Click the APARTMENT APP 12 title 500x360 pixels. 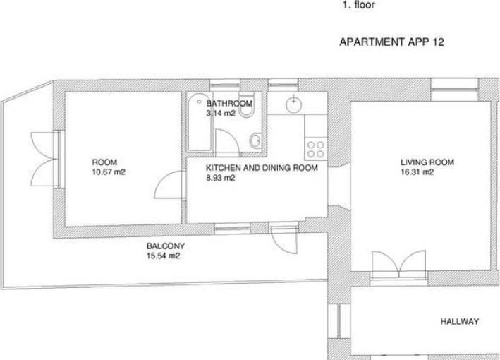pos(391,42)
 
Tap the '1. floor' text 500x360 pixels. pos(358,5)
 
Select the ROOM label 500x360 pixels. pos(104,162)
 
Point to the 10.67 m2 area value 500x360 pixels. pos(109,172)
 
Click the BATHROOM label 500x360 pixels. pos(229,103)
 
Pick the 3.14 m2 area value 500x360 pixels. pos(221,113)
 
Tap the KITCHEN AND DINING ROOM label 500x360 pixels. pos(262,168)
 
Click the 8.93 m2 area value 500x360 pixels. pos(220,178)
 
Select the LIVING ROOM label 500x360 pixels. pos(427,162)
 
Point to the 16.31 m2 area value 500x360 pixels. pos(417,172)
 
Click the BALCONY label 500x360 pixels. pos(166,246)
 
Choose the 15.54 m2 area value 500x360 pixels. pos(164,256)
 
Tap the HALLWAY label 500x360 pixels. pos(460,321)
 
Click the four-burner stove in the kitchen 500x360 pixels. pos(316,150)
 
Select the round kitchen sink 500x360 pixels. pos(293,104)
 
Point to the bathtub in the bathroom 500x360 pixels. pos(200,122)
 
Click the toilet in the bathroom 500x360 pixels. pos(247,104)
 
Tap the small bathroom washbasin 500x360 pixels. pos(255,140)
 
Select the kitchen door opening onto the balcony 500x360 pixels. pos(283,239)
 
